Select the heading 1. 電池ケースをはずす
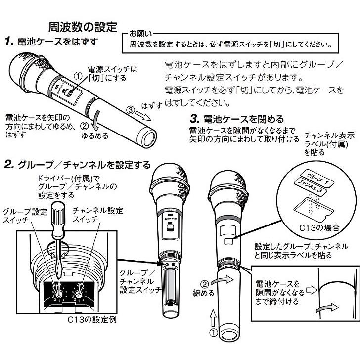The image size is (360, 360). click(52, 42)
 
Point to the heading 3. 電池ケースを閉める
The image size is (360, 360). click(237, 119)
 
